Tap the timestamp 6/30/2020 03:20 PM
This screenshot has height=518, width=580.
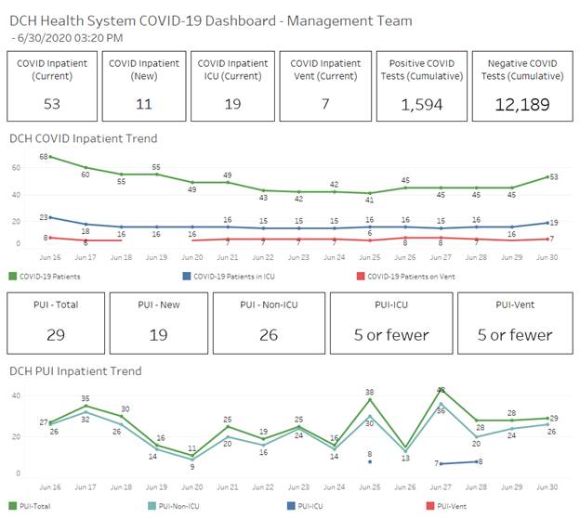click(x=71, y=38)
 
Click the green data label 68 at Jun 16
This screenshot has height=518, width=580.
click(x=44, y=157)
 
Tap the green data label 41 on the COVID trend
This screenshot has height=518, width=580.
click(x=369, y=200)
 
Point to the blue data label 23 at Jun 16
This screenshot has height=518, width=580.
click(x=44, y=217)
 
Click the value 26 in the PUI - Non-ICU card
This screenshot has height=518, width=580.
click(x=269, y=334)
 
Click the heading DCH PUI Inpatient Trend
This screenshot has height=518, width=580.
click(x=75, y=370)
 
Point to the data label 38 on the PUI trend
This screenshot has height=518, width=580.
click(x=369, y=393)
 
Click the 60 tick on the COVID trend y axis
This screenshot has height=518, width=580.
click(x=16, y=168)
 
